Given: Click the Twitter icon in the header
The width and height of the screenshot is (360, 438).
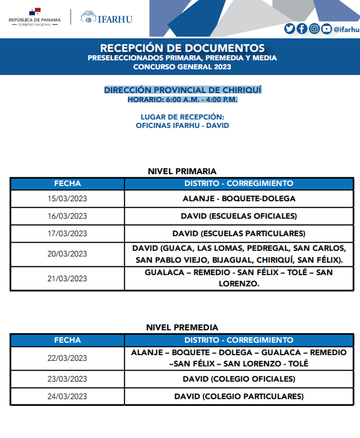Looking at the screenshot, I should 289,29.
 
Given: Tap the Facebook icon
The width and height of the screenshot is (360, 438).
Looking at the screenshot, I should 301,29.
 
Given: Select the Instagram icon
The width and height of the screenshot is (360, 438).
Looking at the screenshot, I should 314,29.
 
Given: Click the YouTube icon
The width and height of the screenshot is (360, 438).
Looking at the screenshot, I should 326,29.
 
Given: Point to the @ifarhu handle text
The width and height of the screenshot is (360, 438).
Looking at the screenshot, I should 346,29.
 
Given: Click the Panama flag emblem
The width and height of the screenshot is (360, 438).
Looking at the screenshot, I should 35,11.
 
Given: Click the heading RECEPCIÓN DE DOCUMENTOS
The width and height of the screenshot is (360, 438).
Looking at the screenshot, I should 182,48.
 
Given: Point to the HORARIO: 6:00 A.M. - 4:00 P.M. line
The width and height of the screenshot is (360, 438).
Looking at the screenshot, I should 183,100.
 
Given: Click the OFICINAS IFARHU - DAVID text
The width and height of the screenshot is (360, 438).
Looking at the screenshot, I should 182,126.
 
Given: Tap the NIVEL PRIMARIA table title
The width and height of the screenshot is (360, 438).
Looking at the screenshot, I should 182,171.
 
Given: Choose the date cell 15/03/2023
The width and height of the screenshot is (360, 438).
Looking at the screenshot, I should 67,199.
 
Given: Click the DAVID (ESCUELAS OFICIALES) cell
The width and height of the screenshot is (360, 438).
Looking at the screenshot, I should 239,216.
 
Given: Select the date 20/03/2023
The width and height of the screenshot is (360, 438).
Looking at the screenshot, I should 67,254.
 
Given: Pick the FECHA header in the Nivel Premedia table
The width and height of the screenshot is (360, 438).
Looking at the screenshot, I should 67,340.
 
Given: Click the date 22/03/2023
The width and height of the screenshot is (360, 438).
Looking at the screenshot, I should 67,358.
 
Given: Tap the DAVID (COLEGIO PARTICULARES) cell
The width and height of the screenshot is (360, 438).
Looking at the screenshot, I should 239,396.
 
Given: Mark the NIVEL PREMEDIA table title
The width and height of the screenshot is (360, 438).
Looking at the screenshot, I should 182,327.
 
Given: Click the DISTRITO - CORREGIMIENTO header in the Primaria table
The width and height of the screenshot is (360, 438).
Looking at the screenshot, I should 239,184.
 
